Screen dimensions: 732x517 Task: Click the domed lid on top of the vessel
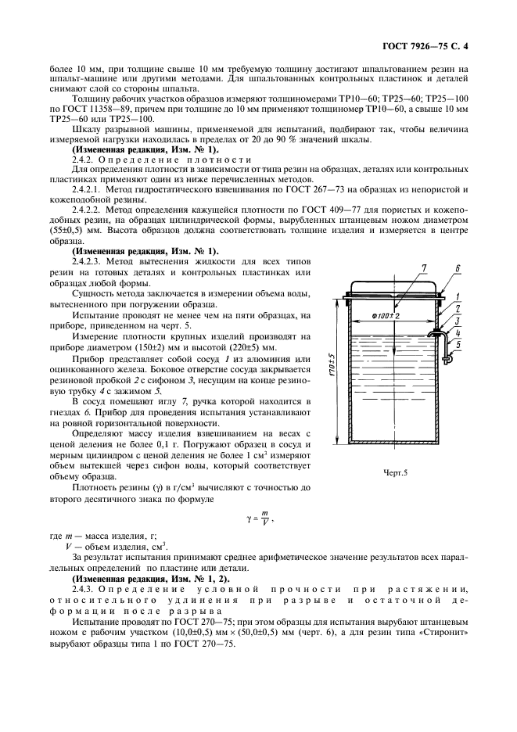(x=393, y=285)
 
